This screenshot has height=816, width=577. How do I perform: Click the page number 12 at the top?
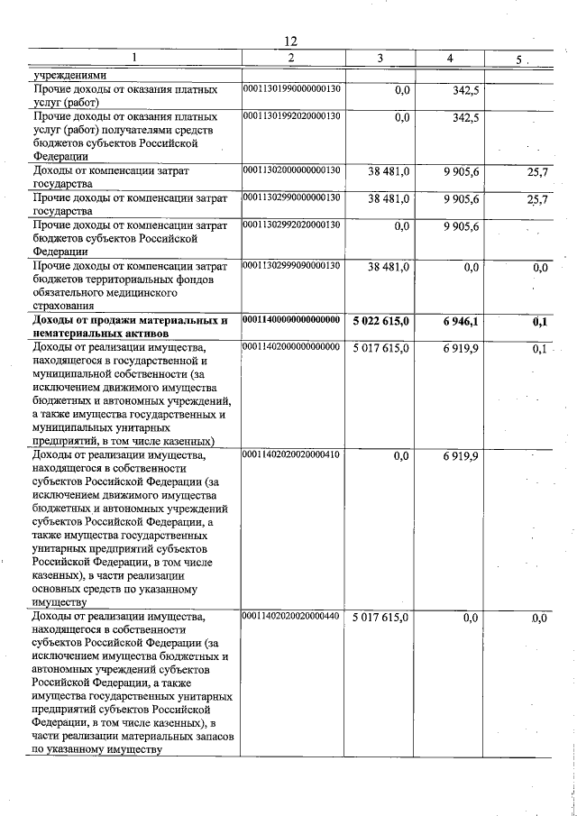[290, 41]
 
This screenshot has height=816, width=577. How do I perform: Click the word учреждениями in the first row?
[69, 76]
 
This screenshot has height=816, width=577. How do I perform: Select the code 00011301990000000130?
[291, 90]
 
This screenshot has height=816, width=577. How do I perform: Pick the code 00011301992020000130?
[291, 116]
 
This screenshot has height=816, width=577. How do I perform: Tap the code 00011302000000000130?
[291, 170]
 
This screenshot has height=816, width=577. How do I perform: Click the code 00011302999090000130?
[291, 266]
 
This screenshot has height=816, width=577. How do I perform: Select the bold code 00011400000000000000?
[291, 320]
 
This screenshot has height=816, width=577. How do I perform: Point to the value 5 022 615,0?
[380, 321]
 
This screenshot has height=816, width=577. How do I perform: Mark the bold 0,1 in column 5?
[540, 321]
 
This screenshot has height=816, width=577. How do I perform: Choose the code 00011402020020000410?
[291, 455]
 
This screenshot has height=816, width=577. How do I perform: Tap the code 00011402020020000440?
[291, 617]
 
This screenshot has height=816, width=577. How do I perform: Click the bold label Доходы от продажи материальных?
[125, 320]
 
